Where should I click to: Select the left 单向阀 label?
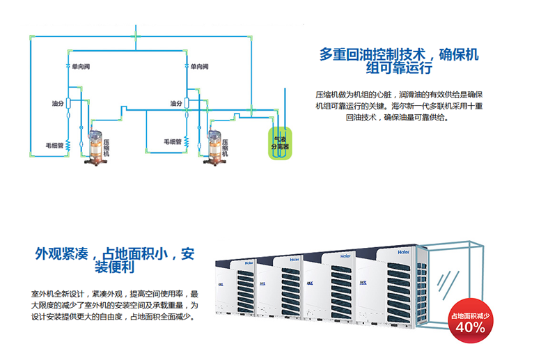pyautogui.click(x=81, y=66)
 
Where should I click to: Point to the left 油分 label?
pyautogui.click(x=58, y=103)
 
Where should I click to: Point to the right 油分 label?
pyautogui.click(x=176, y=103)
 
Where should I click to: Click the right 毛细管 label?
pyautogui.click(x=172, y=141)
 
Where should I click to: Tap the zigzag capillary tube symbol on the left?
pyautogui.click(x=69, y=141)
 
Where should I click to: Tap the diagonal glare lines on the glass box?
pyautogui.click(x=444, y=279)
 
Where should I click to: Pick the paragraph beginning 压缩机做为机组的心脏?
pyautogui.click(x=399, y=105)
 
